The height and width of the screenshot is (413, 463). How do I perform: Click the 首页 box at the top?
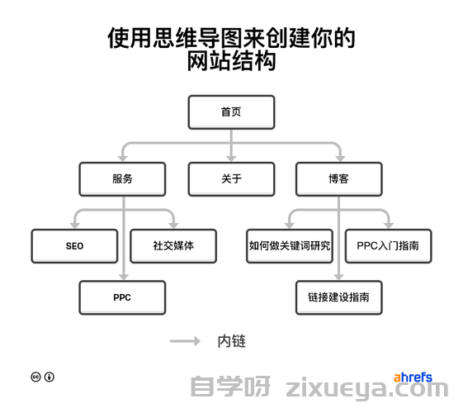(231, 112)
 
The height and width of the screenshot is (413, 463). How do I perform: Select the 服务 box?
(122, 179)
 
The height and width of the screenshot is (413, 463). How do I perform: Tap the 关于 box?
(231, 179)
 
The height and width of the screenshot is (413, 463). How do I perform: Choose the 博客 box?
(339, 179)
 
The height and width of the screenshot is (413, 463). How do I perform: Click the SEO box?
(74, 246)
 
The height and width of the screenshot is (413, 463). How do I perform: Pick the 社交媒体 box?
(173, 246)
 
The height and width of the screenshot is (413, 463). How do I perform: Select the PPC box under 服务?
(122, 297)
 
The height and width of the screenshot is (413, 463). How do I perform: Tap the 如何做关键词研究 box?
(290, 246)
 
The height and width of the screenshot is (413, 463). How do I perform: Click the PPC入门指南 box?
(388, 246)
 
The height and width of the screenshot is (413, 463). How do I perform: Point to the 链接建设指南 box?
(339, 297)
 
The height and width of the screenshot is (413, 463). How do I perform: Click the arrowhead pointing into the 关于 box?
(231, 159)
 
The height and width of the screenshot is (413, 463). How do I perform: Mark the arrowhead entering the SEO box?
(75, 225)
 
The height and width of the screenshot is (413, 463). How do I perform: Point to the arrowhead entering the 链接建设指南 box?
(338, 277)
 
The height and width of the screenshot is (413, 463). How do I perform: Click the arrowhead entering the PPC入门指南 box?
(389, 225)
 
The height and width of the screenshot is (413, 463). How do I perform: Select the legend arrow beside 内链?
(185, 341)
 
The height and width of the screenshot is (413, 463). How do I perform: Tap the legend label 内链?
(231, 341)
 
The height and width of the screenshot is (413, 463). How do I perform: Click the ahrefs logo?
(413, 377)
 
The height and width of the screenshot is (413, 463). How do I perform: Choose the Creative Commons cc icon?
(35, 377)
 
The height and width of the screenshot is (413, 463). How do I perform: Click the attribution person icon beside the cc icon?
(50, 377)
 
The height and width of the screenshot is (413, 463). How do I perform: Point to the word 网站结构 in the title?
(231, 61)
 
